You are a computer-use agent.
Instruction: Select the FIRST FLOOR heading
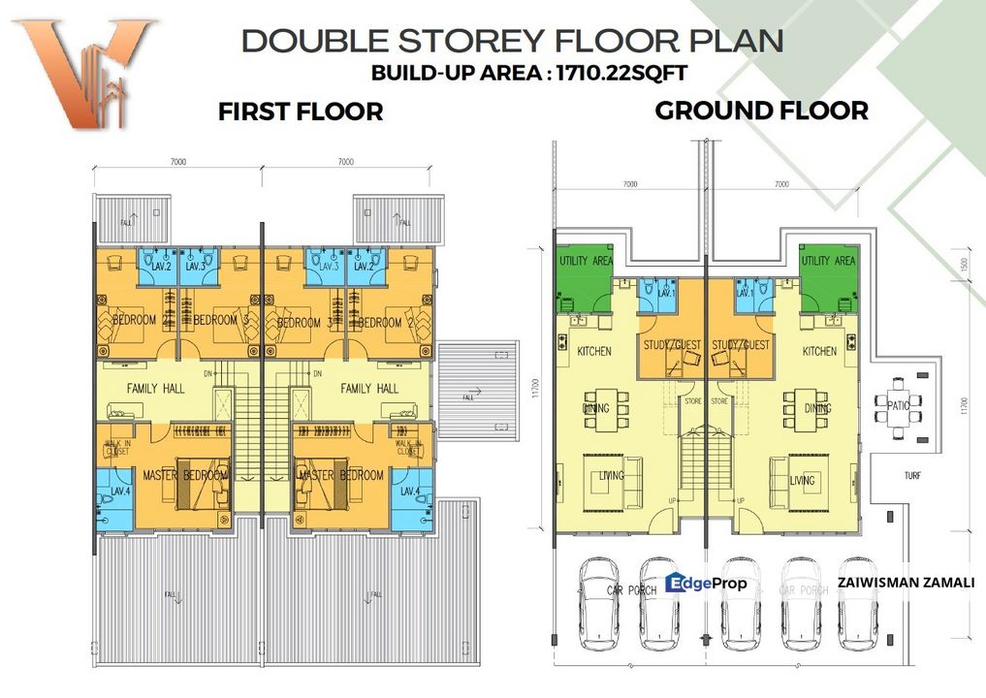(x=301, y=111)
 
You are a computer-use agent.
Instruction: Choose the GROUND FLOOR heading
(x=761, y=111)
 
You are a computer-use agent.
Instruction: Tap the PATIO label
(x=898, y=406)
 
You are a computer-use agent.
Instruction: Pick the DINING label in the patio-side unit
(x=818, y=408)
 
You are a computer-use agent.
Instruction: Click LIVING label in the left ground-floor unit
(x=611, y=476)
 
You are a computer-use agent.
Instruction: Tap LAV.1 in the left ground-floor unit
(x=665, y=293)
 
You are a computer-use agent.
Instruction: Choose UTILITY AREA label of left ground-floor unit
(x=585, y=261)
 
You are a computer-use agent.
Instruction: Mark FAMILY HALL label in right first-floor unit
(x=368, y=388)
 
